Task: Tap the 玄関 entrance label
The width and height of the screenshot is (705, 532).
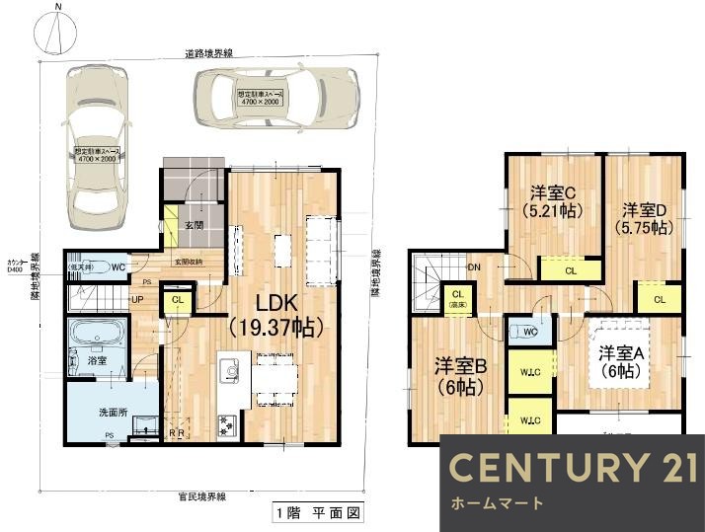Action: point(193,225)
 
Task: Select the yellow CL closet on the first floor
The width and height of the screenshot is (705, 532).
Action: point(177,299)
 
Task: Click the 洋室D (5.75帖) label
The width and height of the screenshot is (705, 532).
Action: point(646,218)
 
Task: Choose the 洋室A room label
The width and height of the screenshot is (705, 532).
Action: point(618,361)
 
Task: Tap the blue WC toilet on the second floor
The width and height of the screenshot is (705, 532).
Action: point(524,332)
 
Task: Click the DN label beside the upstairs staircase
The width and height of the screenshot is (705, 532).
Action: point(473,267)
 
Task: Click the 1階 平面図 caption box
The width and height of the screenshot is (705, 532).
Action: point(319,513)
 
